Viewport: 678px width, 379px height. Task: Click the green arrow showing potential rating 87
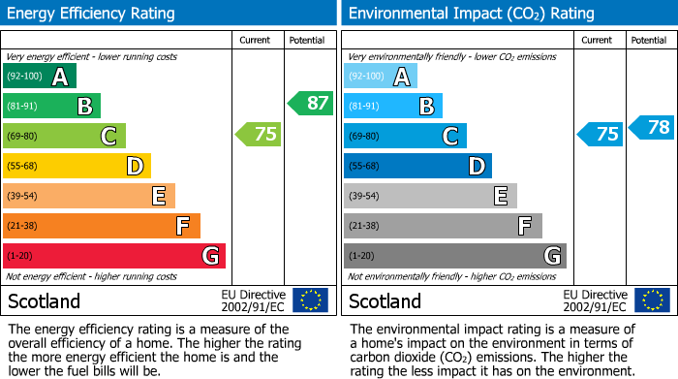tap(310, 103)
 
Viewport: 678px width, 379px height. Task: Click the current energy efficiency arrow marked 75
tap(259, 135)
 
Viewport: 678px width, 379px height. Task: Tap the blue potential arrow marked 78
tap(652, 127)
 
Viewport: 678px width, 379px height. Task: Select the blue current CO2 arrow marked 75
tap(600, 135)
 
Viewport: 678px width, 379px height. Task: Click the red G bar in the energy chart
tap(114, 256)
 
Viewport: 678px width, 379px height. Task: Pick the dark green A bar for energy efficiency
tap(40, 77)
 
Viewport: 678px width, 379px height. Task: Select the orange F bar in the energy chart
tap(102, 226)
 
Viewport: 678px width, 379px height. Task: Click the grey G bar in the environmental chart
tap(454, 256)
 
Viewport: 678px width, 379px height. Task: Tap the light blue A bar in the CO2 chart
tap(381, 77)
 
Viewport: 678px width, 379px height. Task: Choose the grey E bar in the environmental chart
tap(430, 196)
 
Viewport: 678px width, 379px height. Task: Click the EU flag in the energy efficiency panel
tap(310, 300)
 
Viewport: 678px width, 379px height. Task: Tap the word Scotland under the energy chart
tap(45, 301)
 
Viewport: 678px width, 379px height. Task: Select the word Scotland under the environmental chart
tap(385, 301)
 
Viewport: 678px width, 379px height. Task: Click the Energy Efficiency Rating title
tap(91, 14)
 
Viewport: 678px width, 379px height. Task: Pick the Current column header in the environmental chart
tap(598, 40)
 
